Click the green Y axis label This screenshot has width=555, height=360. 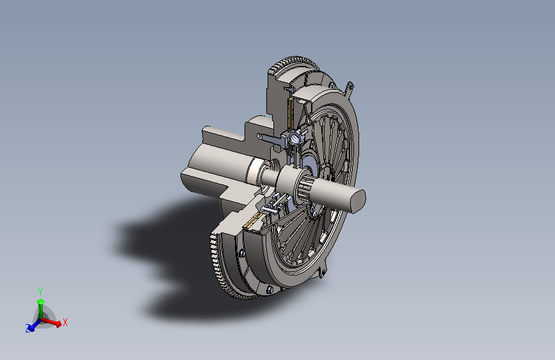coord(40,292)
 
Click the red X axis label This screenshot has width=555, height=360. coord(65,322)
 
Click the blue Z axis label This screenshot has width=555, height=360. coord(28,329)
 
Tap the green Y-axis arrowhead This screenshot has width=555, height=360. coord(41,302)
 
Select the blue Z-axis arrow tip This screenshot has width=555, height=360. coord(31,328)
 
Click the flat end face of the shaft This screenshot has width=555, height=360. coord(358,201)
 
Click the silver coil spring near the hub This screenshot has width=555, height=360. coord(296,138)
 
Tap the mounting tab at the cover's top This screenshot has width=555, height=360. coord(349,88)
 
